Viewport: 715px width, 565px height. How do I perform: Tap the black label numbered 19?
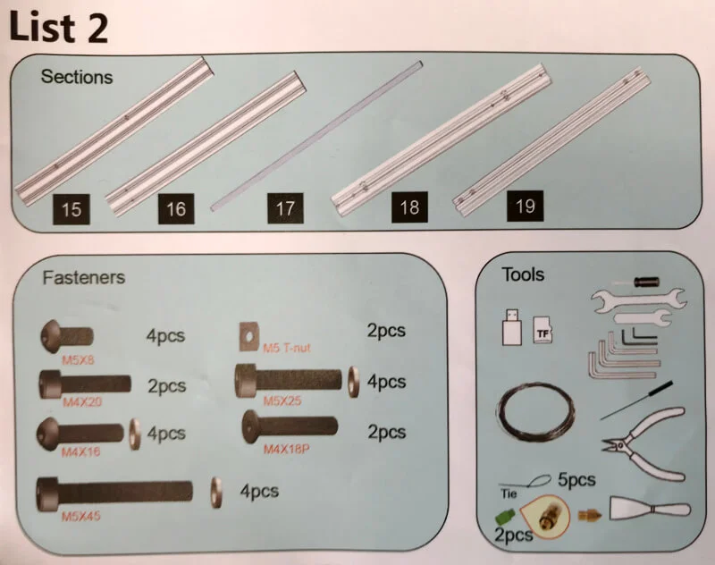pyautogui.click(x=526, y=207)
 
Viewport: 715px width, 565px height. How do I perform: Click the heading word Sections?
pyautogui.click(x=77, y=77)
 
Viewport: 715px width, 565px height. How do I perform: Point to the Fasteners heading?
pyautogui.click(x=84, y=277)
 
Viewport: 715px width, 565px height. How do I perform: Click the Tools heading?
pyautogui.click(x=523, y=274)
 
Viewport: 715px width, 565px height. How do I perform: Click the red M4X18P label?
pyautogui.click(x=286, y=449)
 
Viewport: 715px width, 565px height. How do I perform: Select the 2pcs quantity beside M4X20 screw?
pyautogui.click(x=166, y=386)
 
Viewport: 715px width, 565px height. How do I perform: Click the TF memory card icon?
pyautogui.click(x=542, y=330)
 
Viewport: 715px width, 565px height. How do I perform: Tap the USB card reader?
pyautogui.click(x=510, y=327)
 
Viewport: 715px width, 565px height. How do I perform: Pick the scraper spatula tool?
pyautogui.click(x=649, y=510)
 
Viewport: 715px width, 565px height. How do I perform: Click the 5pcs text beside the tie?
pyautogui.click(x=576, y=480)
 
